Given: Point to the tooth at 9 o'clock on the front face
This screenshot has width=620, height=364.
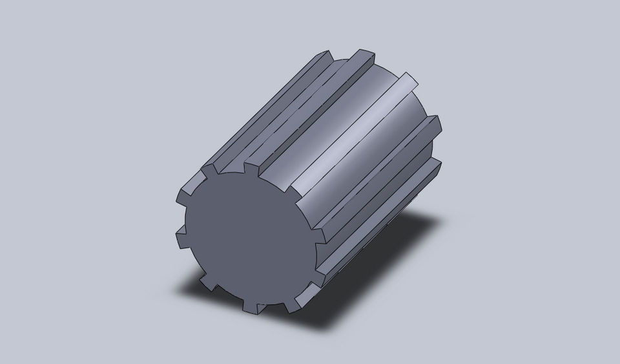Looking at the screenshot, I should coord(180,240).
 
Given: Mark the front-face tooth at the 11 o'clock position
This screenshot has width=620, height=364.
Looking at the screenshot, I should coord(211,171).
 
